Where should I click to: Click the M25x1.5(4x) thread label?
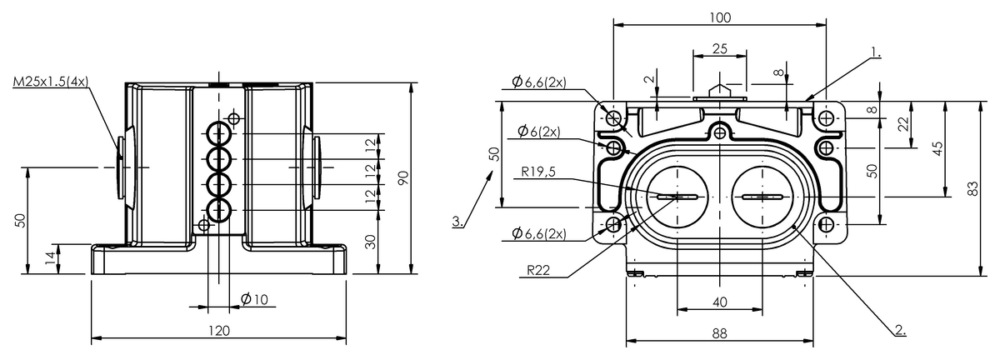pos(51,82)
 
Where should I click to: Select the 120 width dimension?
pos(218,331)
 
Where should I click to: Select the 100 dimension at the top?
pos(720,17)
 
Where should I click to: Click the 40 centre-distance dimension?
pos(720,302)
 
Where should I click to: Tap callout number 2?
pos(900,329)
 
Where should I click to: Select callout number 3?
pos(457,222)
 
